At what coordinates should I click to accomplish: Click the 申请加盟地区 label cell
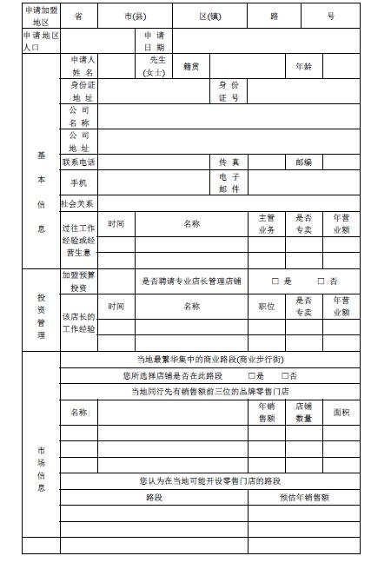(x=41, y=17)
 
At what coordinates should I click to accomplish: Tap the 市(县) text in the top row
(x=135, y=17)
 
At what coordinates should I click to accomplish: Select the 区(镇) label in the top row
(x=209, y=17)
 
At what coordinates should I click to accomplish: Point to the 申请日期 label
(x=154, y=41)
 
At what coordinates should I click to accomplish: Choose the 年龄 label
(x=304, y=66)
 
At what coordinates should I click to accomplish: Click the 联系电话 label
(x=79, y=162)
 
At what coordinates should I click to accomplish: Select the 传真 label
(x=229, y=162)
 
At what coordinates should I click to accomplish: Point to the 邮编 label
(x=304, y=162)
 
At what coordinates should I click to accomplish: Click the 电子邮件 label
(x=229, y=182)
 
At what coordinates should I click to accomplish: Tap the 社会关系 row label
(x=77, y=203)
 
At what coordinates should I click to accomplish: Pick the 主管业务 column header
(x=267, y=224)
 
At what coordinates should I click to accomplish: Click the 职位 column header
(x=267, y=307)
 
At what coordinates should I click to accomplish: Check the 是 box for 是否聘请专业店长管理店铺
(x=275, y=281)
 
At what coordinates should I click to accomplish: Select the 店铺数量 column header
(x=304, y=412)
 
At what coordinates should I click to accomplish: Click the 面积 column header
(x=341, y=412)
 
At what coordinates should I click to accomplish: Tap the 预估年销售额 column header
(x=304, y=498)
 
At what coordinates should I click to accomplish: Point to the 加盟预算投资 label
(x=79, y=281)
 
